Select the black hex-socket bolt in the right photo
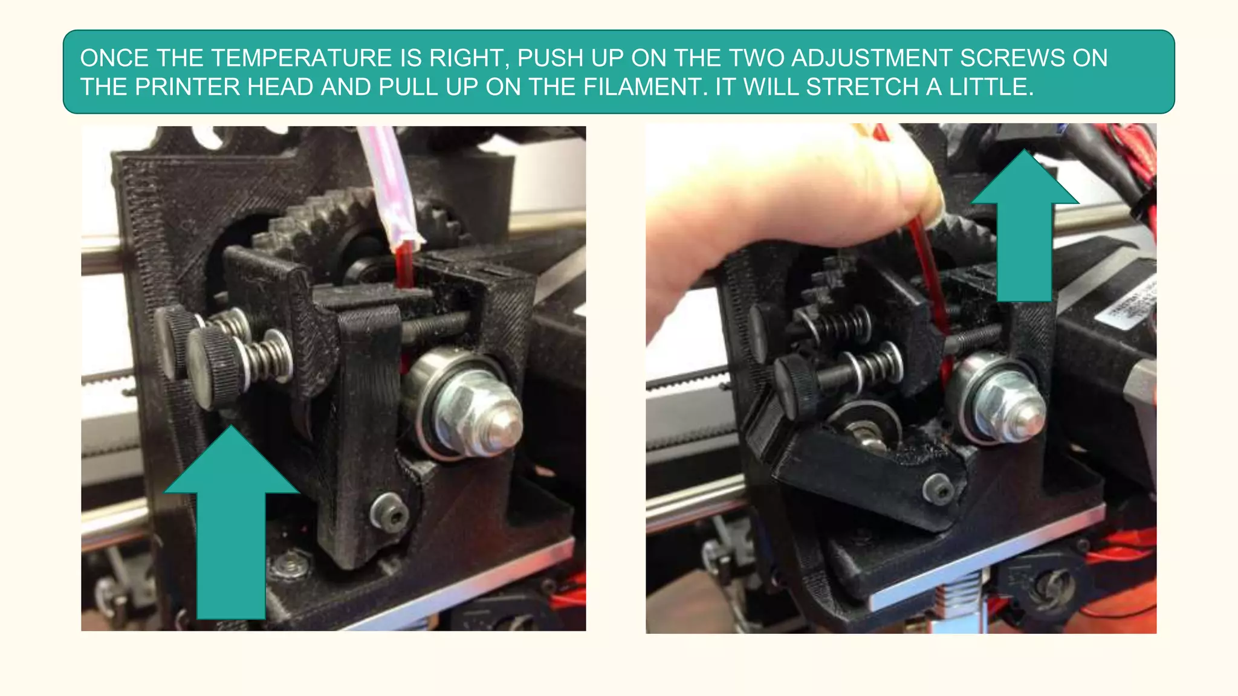click(940, 488)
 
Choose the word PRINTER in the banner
click(187, 88)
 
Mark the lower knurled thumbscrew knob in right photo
click(796, 384)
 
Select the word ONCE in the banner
click(114, 59)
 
